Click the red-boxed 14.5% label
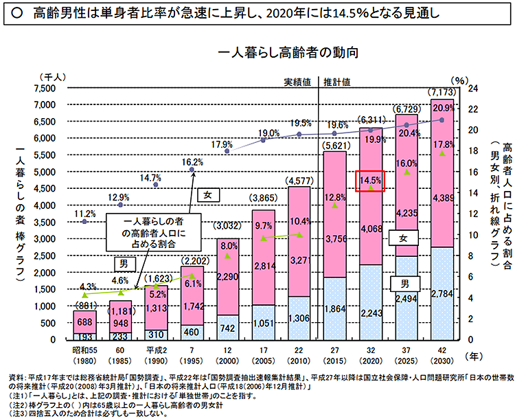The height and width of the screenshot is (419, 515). click(369, 180)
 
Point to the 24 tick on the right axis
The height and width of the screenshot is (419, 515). click(472, 88)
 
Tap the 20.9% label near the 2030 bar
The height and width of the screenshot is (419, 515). click(443, 107)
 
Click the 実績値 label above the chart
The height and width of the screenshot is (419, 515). click(299, 80)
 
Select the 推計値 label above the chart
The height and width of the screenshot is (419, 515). click(337, 80)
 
